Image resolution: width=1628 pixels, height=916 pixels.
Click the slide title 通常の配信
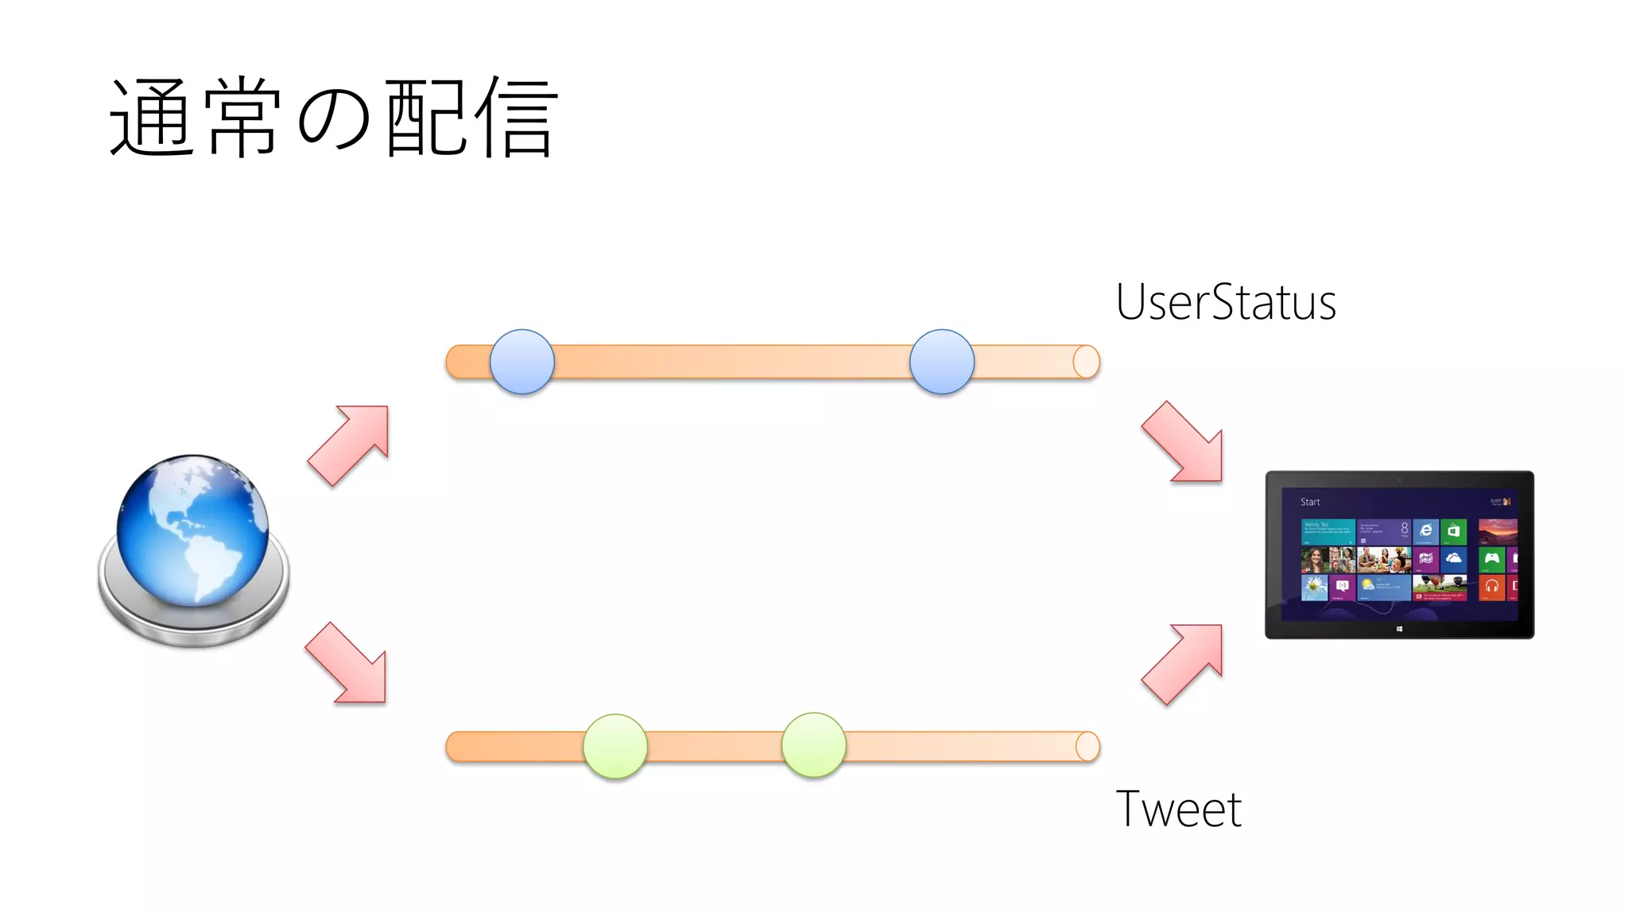[334, 118]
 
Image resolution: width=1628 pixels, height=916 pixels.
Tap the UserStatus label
[1226, 303]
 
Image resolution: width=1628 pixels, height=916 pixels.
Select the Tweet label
[1178, 809]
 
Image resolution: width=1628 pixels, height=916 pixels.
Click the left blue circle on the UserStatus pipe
[522, 362]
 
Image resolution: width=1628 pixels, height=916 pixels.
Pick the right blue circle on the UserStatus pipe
[942, 362]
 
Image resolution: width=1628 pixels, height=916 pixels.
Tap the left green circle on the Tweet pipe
[615, 746]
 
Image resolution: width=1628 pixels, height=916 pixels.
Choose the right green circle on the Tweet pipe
[813, 745]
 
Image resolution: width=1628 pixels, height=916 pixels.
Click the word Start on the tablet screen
[1310, 503]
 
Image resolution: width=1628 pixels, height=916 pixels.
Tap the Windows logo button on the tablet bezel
[1399, 629]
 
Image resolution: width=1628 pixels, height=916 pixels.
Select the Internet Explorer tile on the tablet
[1426, 531]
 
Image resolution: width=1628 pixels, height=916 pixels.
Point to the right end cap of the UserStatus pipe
[1086, 362]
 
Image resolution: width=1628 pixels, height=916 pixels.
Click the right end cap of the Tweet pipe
[1087, 747]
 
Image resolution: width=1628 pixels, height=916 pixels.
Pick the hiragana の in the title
[334, 119]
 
